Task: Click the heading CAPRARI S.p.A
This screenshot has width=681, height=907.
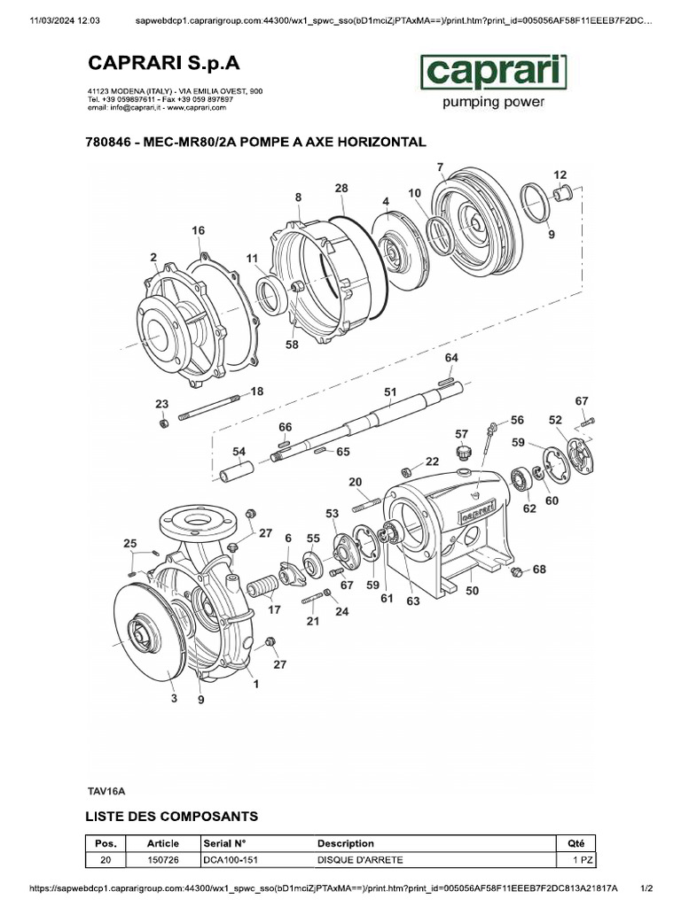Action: [x=162, y=64]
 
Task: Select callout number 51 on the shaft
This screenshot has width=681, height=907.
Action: [x=389, y=391]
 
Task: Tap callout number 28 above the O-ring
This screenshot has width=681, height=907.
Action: [x=341, y=188]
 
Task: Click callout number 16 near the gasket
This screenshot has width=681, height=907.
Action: [x=198, y=230]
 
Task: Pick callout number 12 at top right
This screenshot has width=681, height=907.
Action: [x=560, y=174]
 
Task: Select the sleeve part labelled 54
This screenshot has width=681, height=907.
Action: [x=237, y=466]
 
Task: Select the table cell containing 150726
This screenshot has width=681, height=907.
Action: [x=162, y=860]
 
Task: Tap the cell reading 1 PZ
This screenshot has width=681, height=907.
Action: [x=581, y=860]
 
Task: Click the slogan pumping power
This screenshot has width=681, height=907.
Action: [x=492, y=102]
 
